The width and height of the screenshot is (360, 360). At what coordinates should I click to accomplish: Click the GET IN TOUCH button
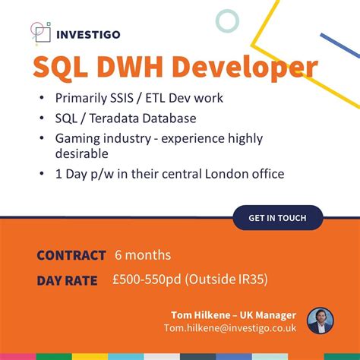[277, 218]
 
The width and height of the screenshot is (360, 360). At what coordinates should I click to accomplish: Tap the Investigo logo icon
[39, 32]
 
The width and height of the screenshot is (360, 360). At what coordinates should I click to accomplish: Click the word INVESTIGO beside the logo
[88, 33]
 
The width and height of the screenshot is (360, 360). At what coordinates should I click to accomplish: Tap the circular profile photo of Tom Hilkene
[320, 321]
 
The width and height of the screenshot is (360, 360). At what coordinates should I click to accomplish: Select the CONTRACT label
[71, 255]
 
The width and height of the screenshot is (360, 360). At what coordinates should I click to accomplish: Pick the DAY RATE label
[67, 281]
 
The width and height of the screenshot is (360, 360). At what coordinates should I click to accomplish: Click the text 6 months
[143, 255]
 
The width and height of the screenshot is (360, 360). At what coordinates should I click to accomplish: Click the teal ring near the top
[226, 21]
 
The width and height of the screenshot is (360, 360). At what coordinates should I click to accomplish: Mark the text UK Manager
[267, 314]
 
